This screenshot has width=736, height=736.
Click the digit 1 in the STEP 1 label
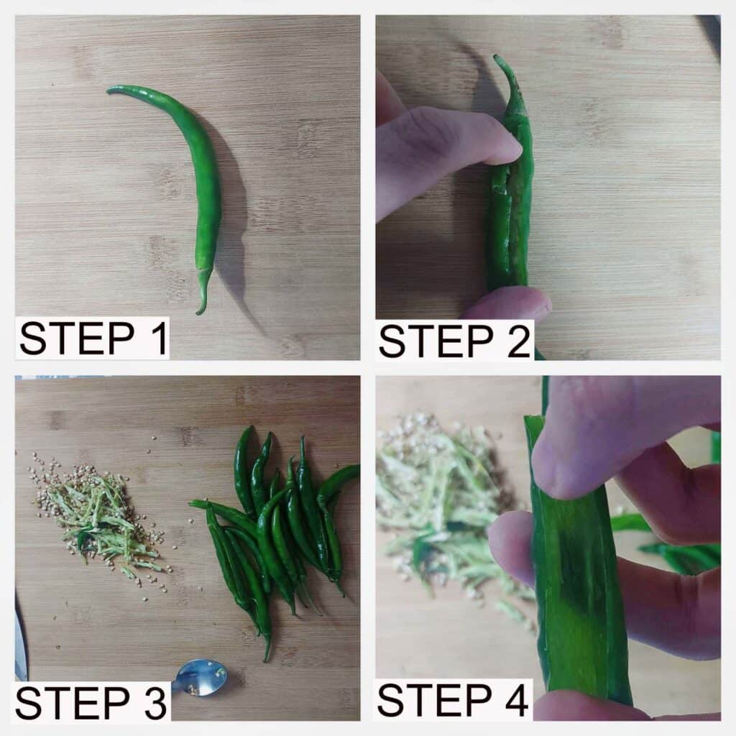click(x=159, y=339)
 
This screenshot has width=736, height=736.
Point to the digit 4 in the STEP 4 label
click(x=515, y=700)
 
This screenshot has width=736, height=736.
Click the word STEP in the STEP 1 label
click(x=77, y=339)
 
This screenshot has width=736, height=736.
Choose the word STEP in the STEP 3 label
click(x=73, y=703)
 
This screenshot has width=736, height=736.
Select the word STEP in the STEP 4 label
click(x=435, y=700)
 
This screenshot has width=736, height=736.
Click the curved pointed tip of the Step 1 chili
click(x=109, y=90)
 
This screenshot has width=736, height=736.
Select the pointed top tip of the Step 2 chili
click(x=496, y=57)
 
